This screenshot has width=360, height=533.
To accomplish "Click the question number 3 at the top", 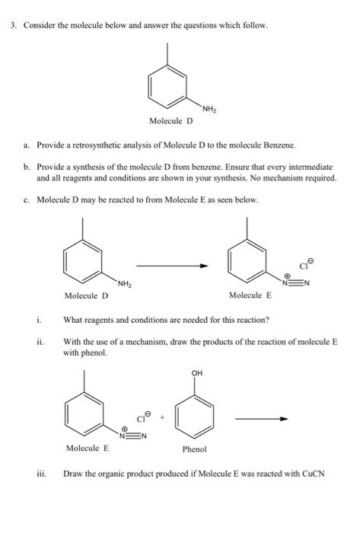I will coord(13,25).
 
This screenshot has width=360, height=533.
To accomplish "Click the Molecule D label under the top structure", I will coord(171,120).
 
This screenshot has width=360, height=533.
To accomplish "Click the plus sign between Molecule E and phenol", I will coord(161,417).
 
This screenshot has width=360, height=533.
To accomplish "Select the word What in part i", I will coord(73,320).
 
